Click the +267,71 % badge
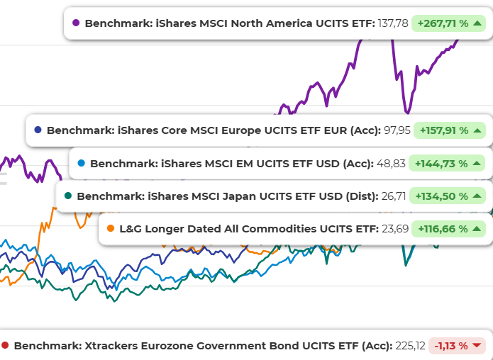[x=450, y=23]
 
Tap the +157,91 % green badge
[x=450, y=130]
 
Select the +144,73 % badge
[x=450, y=164]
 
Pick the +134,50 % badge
[x=450, y=196]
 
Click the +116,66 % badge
[x=450, y=229]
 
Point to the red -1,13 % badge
[x=458, y=346]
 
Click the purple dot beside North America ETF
[x=76, y=23]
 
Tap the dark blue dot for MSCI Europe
[x=38, y=130]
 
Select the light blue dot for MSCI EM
[x=81, y=164]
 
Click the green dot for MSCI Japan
[x=68, y=196]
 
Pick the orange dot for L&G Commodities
[x=110, y=228]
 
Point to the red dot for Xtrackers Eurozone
[x=5, y=346]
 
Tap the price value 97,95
[x=397, y=130]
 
